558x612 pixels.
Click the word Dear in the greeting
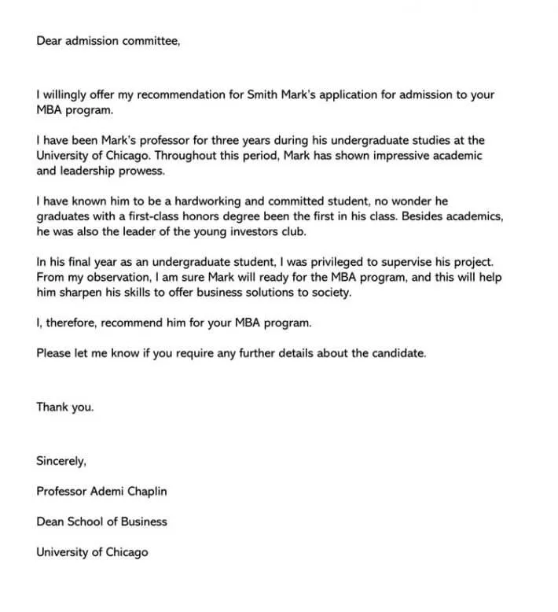pos(49,41)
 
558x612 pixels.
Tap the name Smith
pos(263,94)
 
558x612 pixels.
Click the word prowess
pos(141,170)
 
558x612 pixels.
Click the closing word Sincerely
pos(61,461)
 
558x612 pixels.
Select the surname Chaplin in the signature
pos(144,491)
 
